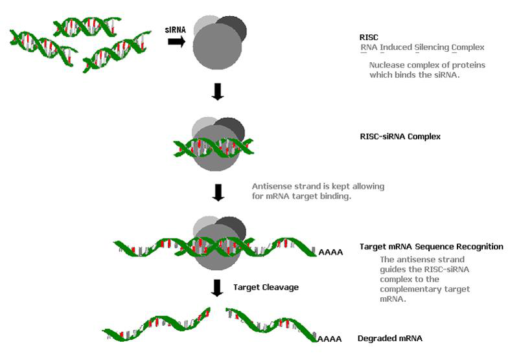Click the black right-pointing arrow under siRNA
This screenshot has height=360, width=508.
coord(176,41)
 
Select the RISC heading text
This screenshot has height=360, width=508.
coord(369,37)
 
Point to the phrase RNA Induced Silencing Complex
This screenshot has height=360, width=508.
coord(422,47)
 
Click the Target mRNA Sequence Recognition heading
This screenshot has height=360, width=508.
coord(431,246)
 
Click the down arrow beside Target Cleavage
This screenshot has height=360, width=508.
coord(218,286)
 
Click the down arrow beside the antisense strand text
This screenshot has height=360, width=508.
coord(218,192)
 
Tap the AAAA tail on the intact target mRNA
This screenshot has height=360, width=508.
coord(330,251)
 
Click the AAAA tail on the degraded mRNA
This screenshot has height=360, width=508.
coord(330,338)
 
